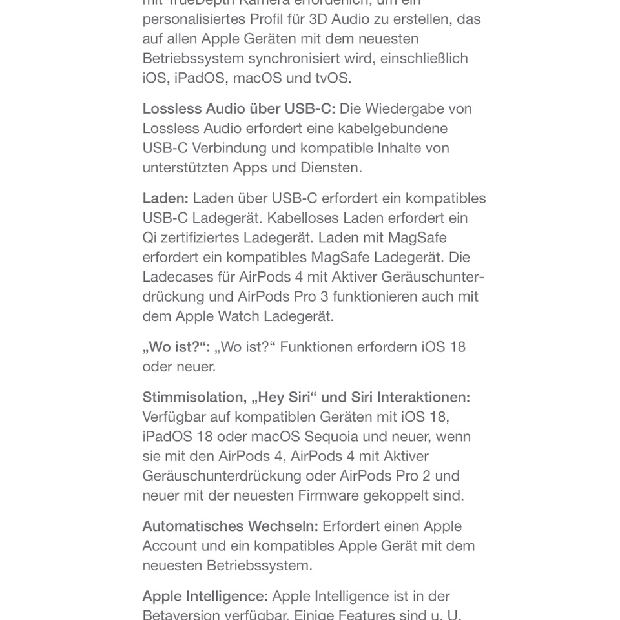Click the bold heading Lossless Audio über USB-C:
point(238,108)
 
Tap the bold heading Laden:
point(165,198)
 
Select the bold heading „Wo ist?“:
point(176,347)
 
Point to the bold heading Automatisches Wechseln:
point(230,526)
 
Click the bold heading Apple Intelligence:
point(205,596)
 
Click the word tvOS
point(333,78)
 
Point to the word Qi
point(149,238)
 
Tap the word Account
point(169,546)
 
